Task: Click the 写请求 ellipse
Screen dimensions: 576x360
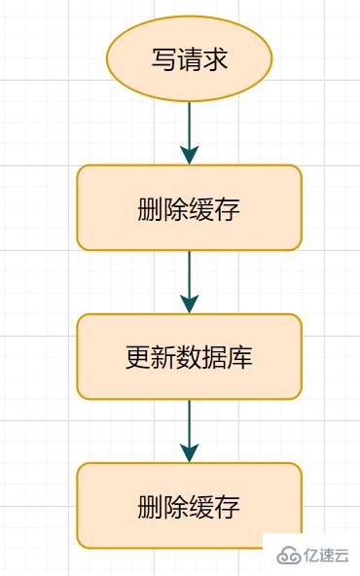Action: (189, 58)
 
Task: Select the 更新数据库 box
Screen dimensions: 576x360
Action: (189, 356)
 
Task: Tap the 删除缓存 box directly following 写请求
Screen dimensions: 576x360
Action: (189, 207)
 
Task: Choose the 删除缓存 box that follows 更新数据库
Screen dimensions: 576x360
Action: (189, 506)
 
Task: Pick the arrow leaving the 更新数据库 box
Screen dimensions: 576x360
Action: (189, 428)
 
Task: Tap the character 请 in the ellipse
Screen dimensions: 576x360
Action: (189, 59)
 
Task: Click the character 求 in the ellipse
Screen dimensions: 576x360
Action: (215, 59)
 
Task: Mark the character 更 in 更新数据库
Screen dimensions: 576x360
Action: (138, 357)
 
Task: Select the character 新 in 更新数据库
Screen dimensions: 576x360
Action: (163, 357)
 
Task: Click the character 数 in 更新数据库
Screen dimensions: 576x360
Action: (189, 357)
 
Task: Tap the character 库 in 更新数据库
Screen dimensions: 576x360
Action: (240, 357)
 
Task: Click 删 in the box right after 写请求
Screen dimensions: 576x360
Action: (151, 208)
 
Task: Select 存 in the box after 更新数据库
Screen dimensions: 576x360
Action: (228, 507)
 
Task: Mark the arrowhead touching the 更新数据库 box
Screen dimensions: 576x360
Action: (189, 305)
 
